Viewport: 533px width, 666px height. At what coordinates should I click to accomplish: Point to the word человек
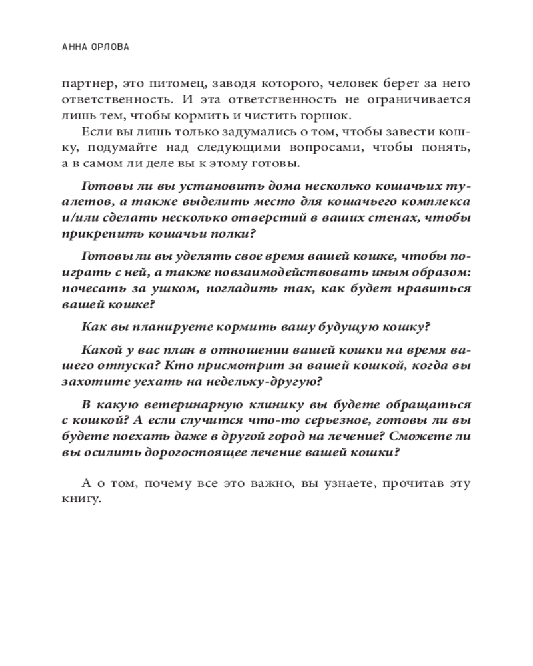click(328, 84)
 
